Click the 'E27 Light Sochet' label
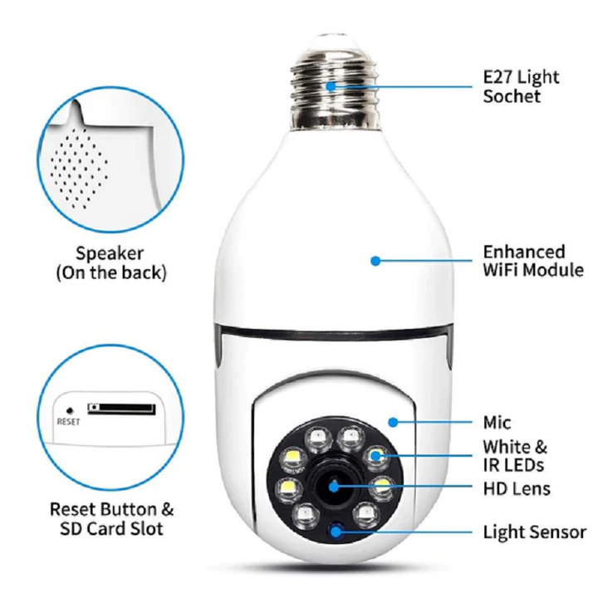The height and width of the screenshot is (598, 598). coord(521,86)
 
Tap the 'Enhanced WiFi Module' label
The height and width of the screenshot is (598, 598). coord(533,261)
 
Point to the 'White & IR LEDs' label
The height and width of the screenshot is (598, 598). coord(515,455)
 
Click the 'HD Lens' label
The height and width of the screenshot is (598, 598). coord(516,488)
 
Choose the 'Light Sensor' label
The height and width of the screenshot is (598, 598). coord(534,532)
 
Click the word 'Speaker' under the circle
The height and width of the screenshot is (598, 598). coord(110,253)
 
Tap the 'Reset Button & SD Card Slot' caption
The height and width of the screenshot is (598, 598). coord(112,517)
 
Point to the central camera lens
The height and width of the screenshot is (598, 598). coord(334,486)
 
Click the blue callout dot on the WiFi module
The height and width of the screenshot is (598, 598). coord(375,261)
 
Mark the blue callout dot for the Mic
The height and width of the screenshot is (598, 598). coord(392,422)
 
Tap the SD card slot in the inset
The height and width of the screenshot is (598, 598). coord(121,409)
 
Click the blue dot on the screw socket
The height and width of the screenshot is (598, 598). coord(331,86)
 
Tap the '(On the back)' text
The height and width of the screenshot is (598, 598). coord(110,273)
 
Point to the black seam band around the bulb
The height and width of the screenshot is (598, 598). coord(332,333)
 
